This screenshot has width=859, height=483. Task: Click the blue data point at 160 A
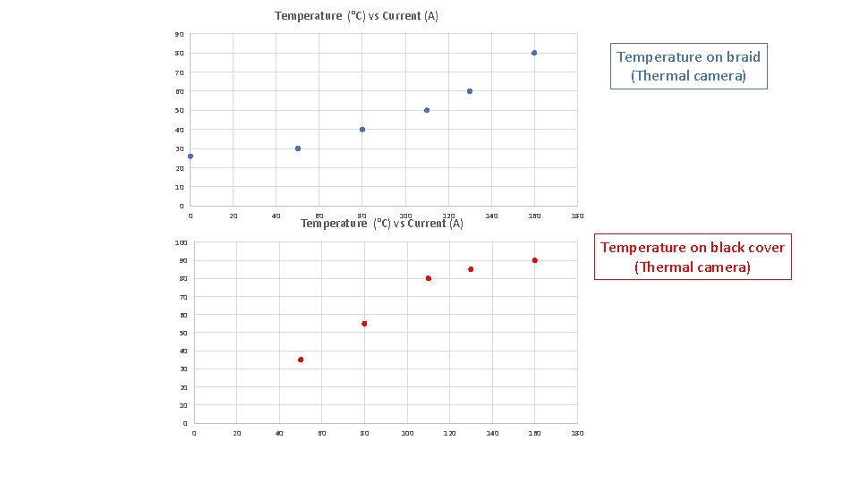tap(534, 53)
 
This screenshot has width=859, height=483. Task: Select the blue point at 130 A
tap(470, 91)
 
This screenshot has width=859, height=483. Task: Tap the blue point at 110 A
tap(427, 110)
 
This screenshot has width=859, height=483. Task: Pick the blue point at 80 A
tap(362, 130)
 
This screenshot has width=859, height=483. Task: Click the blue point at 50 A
tap(298, 148)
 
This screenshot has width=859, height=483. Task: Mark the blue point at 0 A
tap(190, 157)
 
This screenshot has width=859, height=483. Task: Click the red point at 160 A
tap(534, 260)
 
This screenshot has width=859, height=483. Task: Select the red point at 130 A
tap(471, 269)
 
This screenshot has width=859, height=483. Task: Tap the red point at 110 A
tap(429, 278)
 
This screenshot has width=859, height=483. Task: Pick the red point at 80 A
tap(364, 324)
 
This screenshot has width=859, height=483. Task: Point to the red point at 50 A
tap(301, 360)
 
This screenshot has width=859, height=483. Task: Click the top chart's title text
tap(356, 16)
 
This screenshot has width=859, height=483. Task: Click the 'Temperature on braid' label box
tap(688, 66)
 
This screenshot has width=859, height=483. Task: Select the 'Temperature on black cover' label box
tap(693, 258)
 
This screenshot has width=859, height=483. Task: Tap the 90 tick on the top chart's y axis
tap(180, 35)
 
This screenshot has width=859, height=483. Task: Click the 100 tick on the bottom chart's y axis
tap(181, 242)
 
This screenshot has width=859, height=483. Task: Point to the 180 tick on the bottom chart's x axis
tap(577, 434)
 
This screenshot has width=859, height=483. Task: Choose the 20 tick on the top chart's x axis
tap(233, 216)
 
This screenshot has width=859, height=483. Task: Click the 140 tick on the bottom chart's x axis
tap(491, 434)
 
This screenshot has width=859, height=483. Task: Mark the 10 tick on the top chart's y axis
tap(180, 188)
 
